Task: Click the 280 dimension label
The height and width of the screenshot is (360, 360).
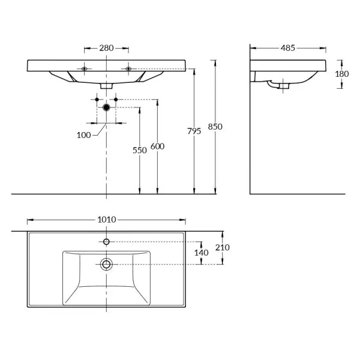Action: [106, 48]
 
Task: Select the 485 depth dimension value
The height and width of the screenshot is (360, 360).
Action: [287, 48]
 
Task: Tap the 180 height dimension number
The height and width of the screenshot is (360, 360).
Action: [342, 74]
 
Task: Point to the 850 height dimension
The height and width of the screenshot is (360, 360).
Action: [215, 127]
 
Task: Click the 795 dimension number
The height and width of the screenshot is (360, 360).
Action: [194, 131]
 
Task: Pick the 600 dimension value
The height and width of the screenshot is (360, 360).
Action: [157, 146]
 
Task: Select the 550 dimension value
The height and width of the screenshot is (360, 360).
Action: [140, 151]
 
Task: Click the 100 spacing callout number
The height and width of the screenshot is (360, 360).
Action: [84, 135]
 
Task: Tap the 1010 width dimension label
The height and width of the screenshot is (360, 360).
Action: [107, 220]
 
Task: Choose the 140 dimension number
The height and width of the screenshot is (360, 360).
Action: [202, 253]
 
